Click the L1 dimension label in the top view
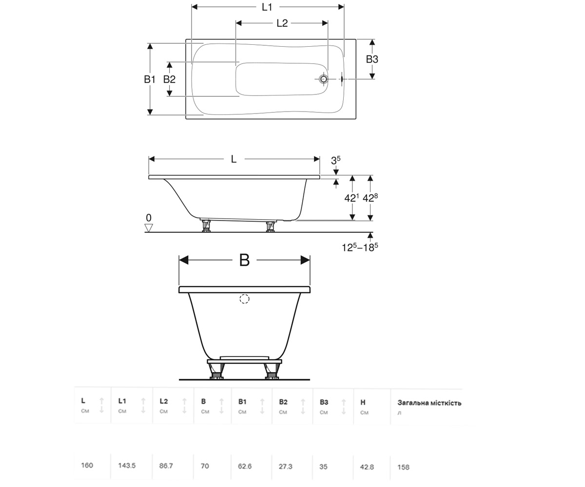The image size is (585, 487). pyautogui.click(x=267, y=7)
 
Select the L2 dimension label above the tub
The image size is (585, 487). pyautogui.click(x=282, y=23)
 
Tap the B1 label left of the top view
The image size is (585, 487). pyautogui.click(x=150, y=79)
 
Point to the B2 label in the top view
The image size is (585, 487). pyautogui.click(x=169, y=79)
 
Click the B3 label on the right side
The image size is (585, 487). pyautogui.click(x=372, y=59)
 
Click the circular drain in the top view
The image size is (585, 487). pyautogui.click(x=324, y=79)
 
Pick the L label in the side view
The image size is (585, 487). pyautogui.click(x=234, y=159)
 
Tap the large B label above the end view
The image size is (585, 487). pyautogui.click(x=244, y=260)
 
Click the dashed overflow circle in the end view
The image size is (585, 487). pyautogui.click(x=244, y=299)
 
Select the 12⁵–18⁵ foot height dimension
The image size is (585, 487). pyautogui.click(x=360, y=247)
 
